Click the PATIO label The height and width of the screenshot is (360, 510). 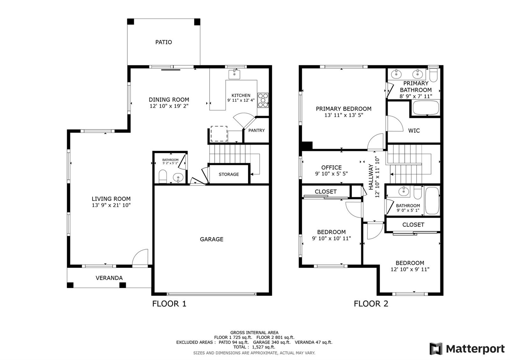click(x=164, y=42)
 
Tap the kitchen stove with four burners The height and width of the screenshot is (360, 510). click(x=263, y=100)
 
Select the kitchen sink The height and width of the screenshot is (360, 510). click(x=234, y=74)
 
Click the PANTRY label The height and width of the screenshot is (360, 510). click(x=256, y=130)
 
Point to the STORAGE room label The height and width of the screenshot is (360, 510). click(x=229, y=174)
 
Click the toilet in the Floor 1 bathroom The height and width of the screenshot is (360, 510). click(x=163, y=176)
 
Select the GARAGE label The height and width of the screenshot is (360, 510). click(x=212, y=239)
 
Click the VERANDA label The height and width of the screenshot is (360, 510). click(x=109, y=278)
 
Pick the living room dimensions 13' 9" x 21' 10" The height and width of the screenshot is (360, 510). click(x=111, y=205)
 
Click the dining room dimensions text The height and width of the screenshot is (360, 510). click(x=169, y=106)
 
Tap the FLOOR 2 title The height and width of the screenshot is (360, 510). click(x=371, y=304)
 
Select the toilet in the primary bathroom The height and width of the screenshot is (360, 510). click(x=433, y=74)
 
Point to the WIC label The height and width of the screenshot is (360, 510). click(x=414, y=131)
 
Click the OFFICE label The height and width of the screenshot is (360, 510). click(x=331, y=168)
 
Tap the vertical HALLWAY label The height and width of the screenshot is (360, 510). click(x=371, y=177)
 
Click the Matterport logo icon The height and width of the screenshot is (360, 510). click(x=436, y=349)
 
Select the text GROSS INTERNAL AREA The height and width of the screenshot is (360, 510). click(x=254, y=333)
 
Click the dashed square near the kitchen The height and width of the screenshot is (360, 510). click(x=219, y=133)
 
